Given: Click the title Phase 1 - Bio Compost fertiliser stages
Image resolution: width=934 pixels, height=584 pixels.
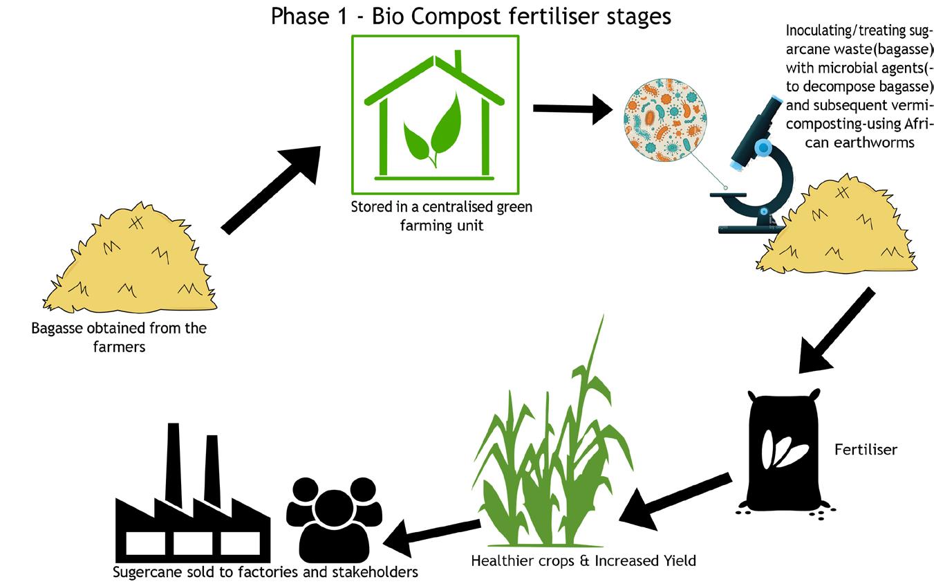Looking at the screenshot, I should (x=470, y=15).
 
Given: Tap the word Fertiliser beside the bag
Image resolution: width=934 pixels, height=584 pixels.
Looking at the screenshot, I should (x=866, y=450).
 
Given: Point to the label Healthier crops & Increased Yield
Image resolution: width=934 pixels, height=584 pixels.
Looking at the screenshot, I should (x=583, y=560).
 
